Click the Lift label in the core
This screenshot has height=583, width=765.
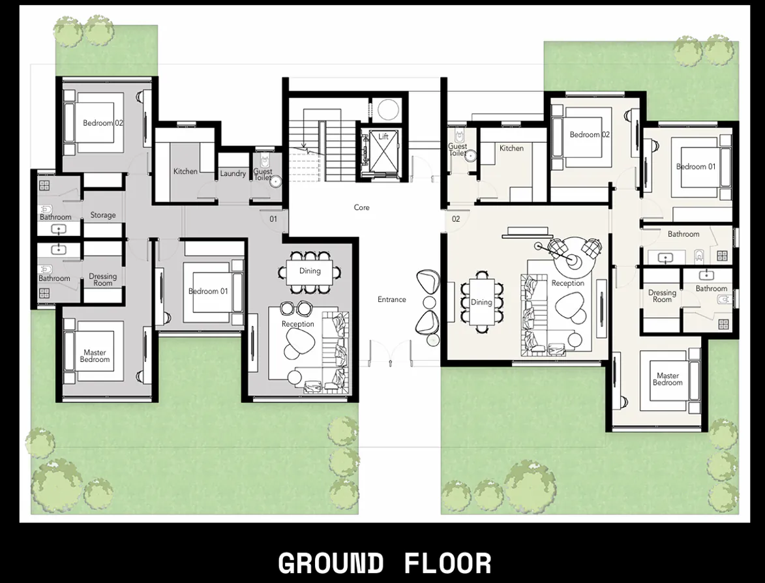(383, 137)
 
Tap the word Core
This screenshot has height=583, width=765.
(361, 207)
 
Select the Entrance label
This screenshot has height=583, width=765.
(391, 299)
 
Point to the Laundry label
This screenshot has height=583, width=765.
(233, 173)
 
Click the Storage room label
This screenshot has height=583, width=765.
(103, 215)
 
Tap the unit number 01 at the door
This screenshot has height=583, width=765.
(273, 219)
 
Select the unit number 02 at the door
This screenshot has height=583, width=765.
(456, 219)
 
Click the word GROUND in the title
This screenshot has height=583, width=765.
(331, 563)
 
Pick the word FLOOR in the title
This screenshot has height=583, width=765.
(447, 563)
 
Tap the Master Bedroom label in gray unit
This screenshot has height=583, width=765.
(95, 356)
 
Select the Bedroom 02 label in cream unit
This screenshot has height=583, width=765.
(590, 134)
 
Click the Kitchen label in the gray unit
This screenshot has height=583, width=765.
(185, 172)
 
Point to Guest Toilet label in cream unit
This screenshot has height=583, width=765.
(457, 150)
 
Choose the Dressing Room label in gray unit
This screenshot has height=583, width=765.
(102, 280)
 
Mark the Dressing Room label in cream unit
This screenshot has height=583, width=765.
(662, 296)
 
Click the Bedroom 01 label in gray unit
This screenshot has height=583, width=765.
(208, 291)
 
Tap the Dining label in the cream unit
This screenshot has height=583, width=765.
(481, 302)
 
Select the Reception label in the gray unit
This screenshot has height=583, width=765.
(297, 324)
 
